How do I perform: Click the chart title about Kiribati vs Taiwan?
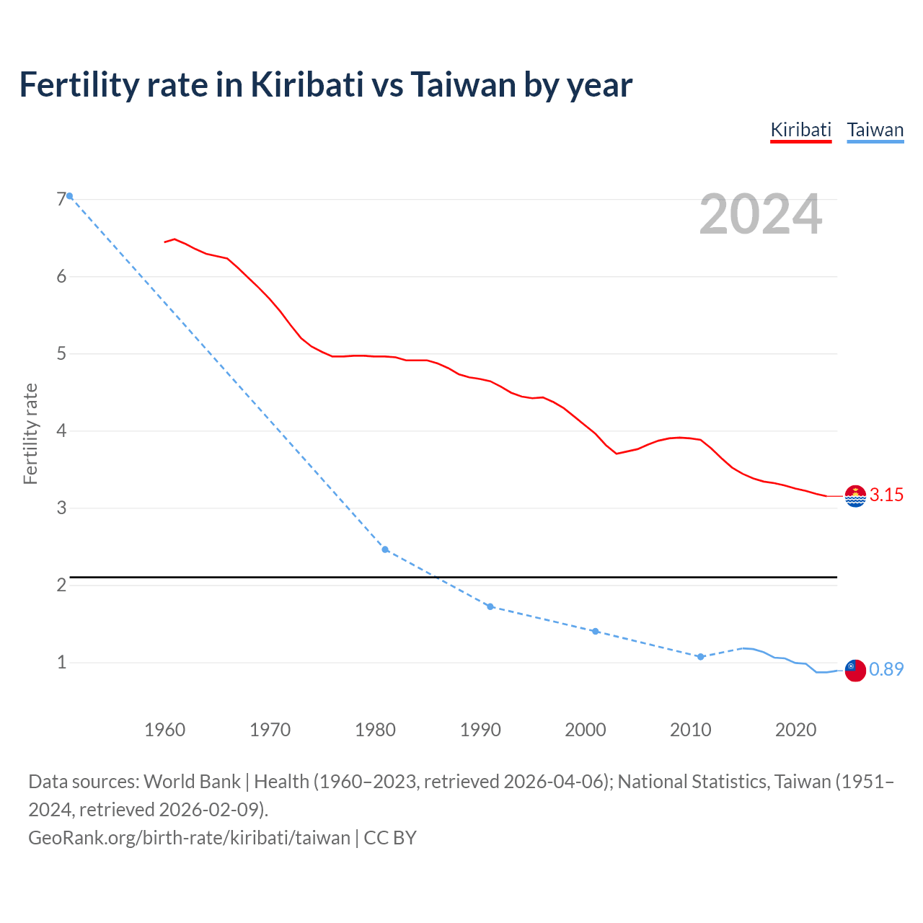[x=325, y=85]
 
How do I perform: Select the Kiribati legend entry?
[x=800, y=130]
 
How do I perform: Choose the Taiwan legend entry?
[x=875, y=130]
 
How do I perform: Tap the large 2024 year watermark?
[x=760, y=214]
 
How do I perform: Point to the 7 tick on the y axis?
[x=61, y=200]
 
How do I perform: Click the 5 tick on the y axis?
[x=61, y=354]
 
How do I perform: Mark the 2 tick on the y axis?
[x=61, y=585]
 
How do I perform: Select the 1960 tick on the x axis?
[x=165, y=730]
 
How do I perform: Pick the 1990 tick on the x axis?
[x=480, y=730]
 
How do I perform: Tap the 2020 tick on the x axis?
[x=795, y=730]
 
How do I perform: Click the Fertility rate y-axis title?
[x=30, y=433]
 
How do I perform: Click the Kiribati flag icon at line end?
[x=855, y=496]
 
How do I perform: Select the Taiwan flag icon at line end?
[x=855, y=670]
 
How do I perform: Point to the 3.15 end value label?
[x=886, y=495]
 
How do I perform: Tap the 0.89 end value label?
[x=886, y=670]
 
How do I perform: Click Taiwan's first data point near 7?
[x=70, y=196]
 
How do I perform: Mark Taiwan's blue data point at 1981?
[x=385, y=549]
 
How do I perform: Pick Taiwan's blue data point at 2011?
[x=700, y=657]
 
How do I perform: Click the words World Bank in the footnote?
[x=193, y=782]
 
